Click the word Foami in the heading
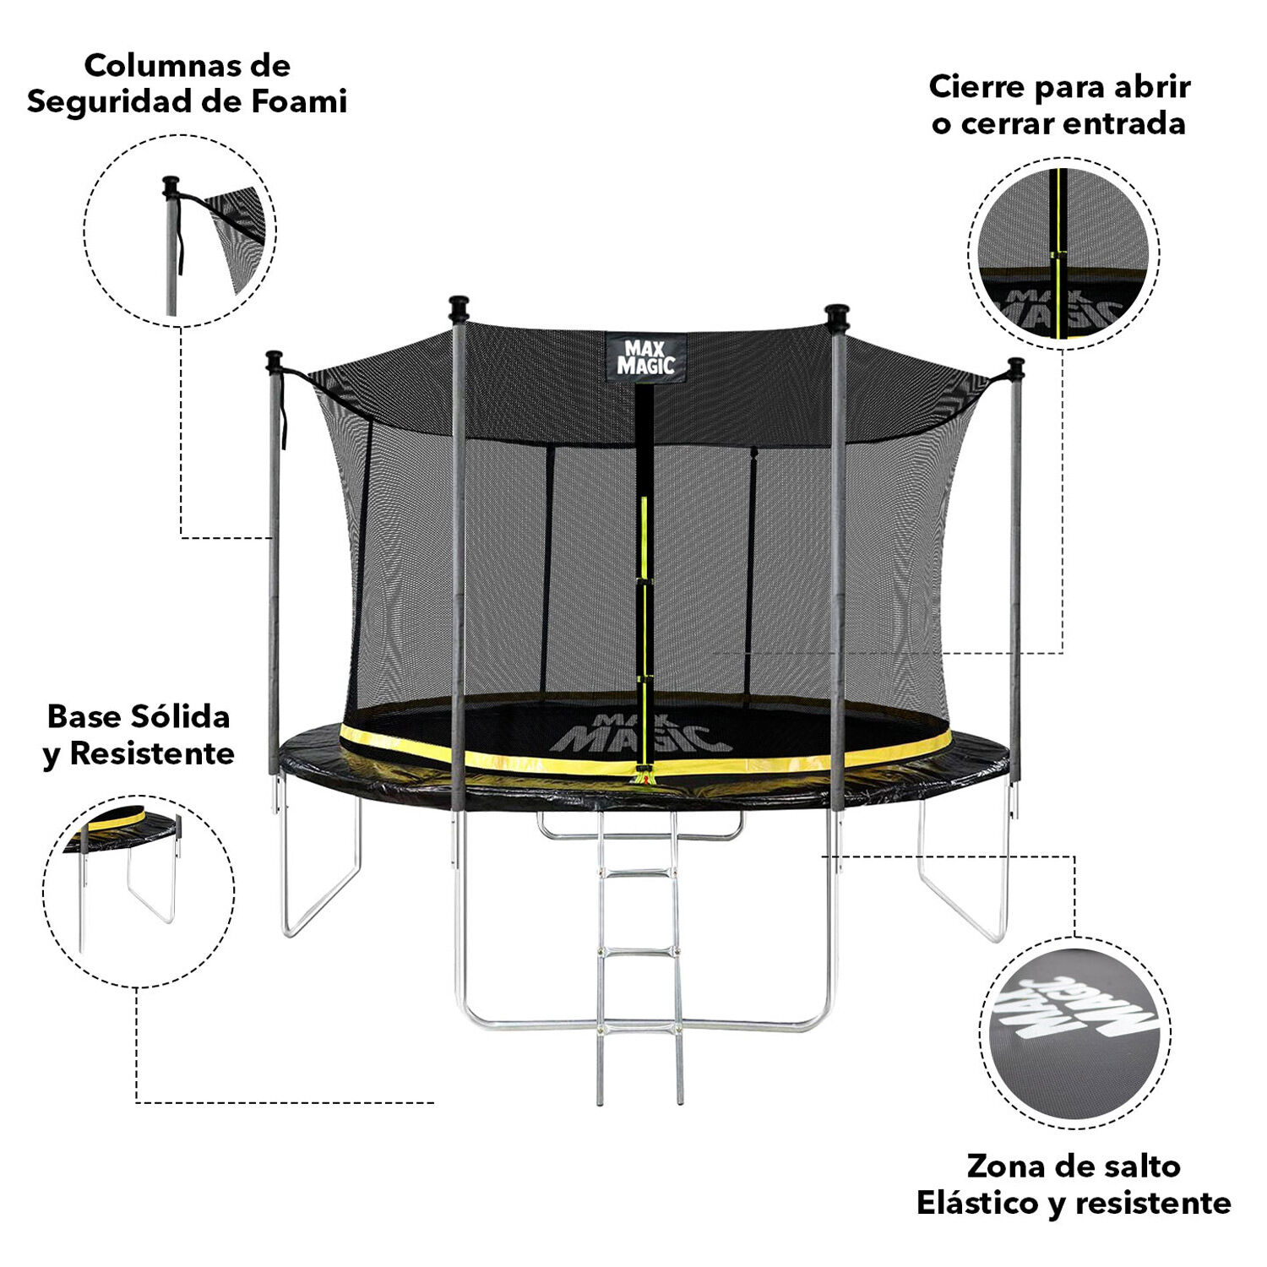(x=299, y=101)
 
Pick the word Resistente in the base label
(x=152, y=753)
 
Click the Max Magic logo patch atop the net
(x=646, y=356)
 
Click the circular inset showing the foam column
(x=180, y=231)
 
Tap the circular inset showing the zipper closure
(x=1063, y=253)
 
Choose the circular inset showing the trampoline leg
(x=139, y=891)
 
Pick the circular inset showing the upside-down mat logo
(x=1075, y=1032)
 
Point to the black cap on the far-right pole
(x=1016, y=369)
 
